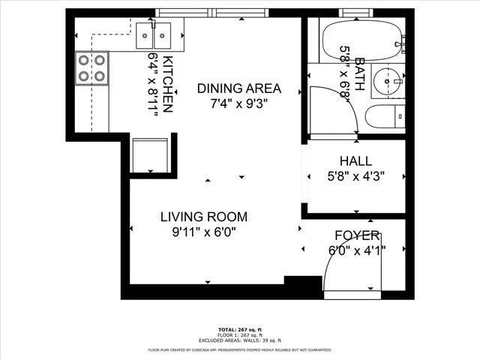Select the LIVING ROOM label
point(203,217)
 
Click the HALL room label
point(356,160)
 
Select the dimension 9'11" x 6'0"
point(203,232)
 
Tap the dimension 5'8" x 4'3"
point(356,176)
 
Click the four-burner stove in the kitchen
point(92,67)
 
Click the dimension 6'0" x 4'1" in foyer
point(357,251)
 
